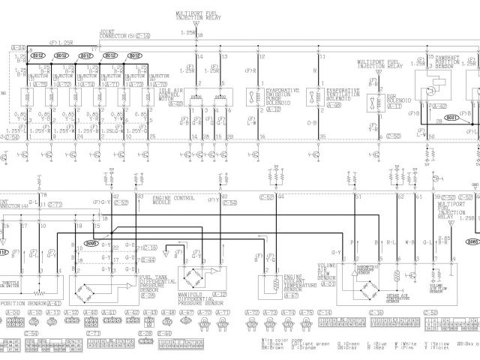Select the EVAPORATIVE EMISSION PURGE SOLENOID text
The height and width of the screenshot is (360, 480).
pyautogui.click(x=277, y=95)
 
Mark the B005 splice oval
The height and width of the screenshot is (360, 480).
pyautogui.click(x=91, y=243)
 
